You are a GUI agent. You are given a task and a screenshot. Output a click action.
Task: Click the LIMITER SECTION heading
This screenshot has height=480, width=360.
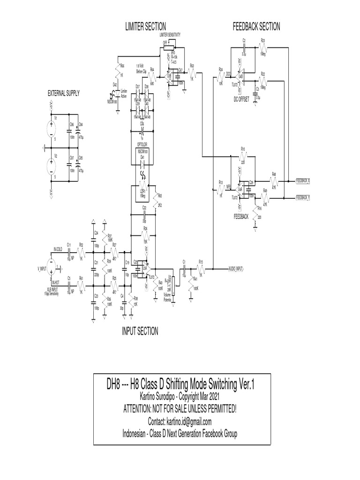click(x=145, y=27)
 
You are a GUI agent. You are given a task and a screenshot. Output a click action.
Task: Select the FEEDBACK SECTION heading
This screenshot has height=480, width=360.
click(x=256, y=27)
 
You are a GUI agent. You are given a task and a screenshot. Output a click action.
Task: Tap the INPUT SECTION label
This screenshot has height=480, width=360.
click(x=140, y=331)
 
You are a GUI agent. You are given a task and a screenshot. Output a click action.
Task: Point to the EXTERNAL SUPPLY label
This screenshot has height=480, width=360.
click(x=64, y=94)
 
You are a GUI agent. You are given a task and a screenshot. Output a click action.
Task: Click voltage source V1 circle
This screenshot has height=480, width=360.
click(x=51, y=128)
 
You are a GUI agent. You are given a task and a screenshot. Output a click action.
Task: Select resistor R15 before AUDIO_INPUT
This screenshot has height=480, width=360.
click(x=201, y=269)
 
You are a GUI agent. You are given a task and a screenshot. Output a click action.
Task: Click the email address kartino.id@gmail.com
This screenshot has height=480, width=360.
click(x=180, y=421)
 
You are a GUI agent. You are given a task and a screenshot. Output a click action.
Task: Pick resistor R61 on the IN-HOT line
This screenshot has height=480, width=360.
click(x=81, y=284)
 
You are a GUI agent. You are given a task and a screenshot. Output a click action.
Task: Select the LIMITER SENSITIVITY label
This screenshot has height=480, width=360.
click(x=170, y=35)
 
